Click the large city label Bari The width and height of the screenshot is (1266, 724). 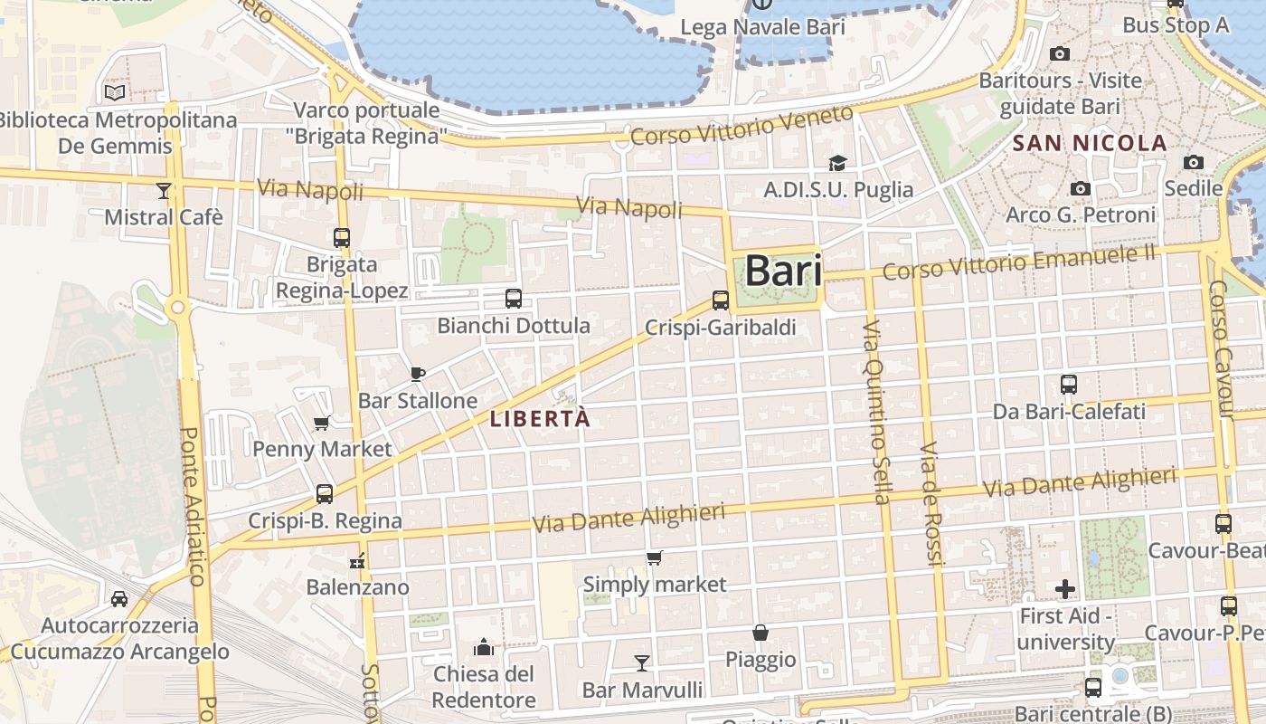click(783, 271)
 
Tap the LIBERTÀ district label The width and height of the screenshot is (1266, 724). click(540, 419)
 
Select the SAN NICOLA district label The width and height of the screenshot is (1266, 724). click(1090, 143)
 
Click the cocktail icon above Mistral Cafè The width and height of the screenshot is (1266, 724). click(163, 190)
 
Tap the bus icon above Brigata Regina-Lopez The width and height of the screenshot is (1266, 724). click(341, 238)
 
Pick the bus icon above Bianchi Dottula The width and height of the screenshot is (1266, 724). click(513, 298)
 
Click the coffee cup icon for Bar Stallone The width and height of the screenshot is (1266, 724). click(417, 373)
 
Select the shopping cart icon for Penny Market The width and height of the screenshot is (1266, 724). click(321, 422)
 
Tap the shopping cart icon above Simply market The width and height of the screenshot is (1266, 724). click(654, 557)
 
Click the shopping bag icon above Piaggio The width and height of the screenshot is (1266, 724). click(761, 633)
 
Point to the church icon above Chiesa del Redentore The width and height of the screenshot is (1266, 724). click(484, 647)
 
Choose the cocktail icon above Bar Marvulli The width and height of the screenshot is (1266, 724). click(641, 663)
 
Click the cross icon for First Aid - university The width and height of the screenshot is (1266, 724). click(1065, 589)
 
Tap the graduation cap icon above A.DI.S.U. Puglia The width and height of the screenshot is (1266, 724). click(837, 163)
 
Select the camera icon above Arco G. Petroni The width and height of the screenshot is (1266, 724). click(1080, 188)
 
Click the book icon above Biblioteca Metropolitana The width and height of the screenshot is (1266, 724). click(114, 92)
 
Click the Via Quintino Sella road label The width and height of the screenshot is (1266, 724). click(875, 411)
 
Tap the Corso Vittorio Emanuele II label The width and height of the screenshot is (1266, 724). click(1019, 262)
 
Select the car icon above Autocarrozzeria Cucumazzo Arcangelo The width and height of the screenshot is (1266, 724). click(118, 599)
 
